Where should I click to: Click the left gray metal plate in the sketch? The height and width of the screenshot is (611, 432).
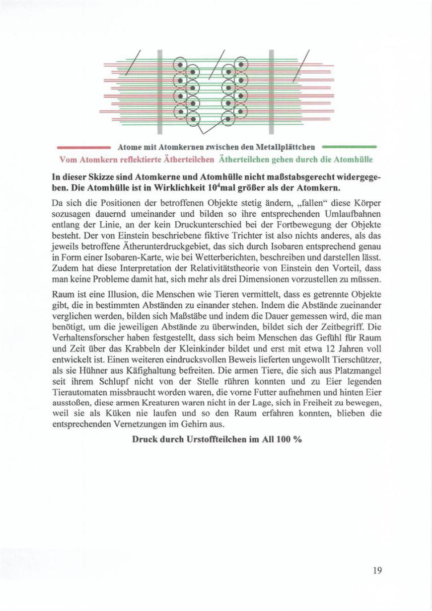tap(160, 92)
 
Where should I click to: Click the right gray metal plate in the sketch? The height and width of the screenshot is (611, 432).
tap(272, 92)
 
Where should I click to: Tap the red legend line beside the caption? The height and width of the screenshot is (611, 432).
tap(83, 147)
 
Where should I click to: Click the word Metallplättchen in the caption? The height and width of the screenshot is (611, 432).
tap(290, 147)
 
